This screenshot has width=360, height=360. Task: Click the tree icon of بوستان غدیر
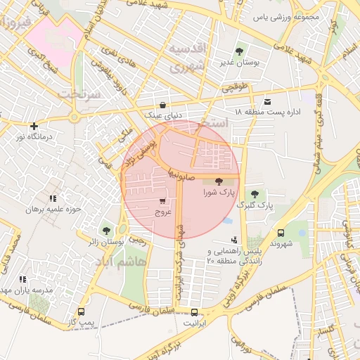(x=240, y=51)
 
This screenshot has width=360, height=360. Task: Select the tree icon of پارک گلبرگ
(x=255, y=194)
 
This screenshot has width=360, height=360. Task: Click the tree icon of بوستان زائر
(x=106, y=229)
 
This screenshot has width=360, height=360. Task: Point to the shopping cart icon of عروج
(x=163, y=200)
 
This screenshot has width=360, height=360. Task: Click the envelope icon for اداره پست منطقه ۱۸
(x=267, y=101)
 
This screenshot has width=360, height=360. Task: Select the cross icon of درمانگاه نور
(x=34, y=127)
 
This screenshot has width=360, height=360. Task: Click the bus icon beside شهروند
(x=281, y=233)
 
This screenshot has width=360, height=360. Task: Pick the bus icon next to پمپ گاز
(x=82, y=311)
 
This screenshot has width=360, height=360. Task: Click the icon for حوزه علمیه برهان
(x=53, y=199)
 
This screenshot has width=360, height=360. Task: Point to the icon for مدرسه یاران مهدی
(x=22, y=279)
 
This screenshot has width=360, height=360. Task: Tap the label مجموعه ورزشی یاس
(x=290, y=15)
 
